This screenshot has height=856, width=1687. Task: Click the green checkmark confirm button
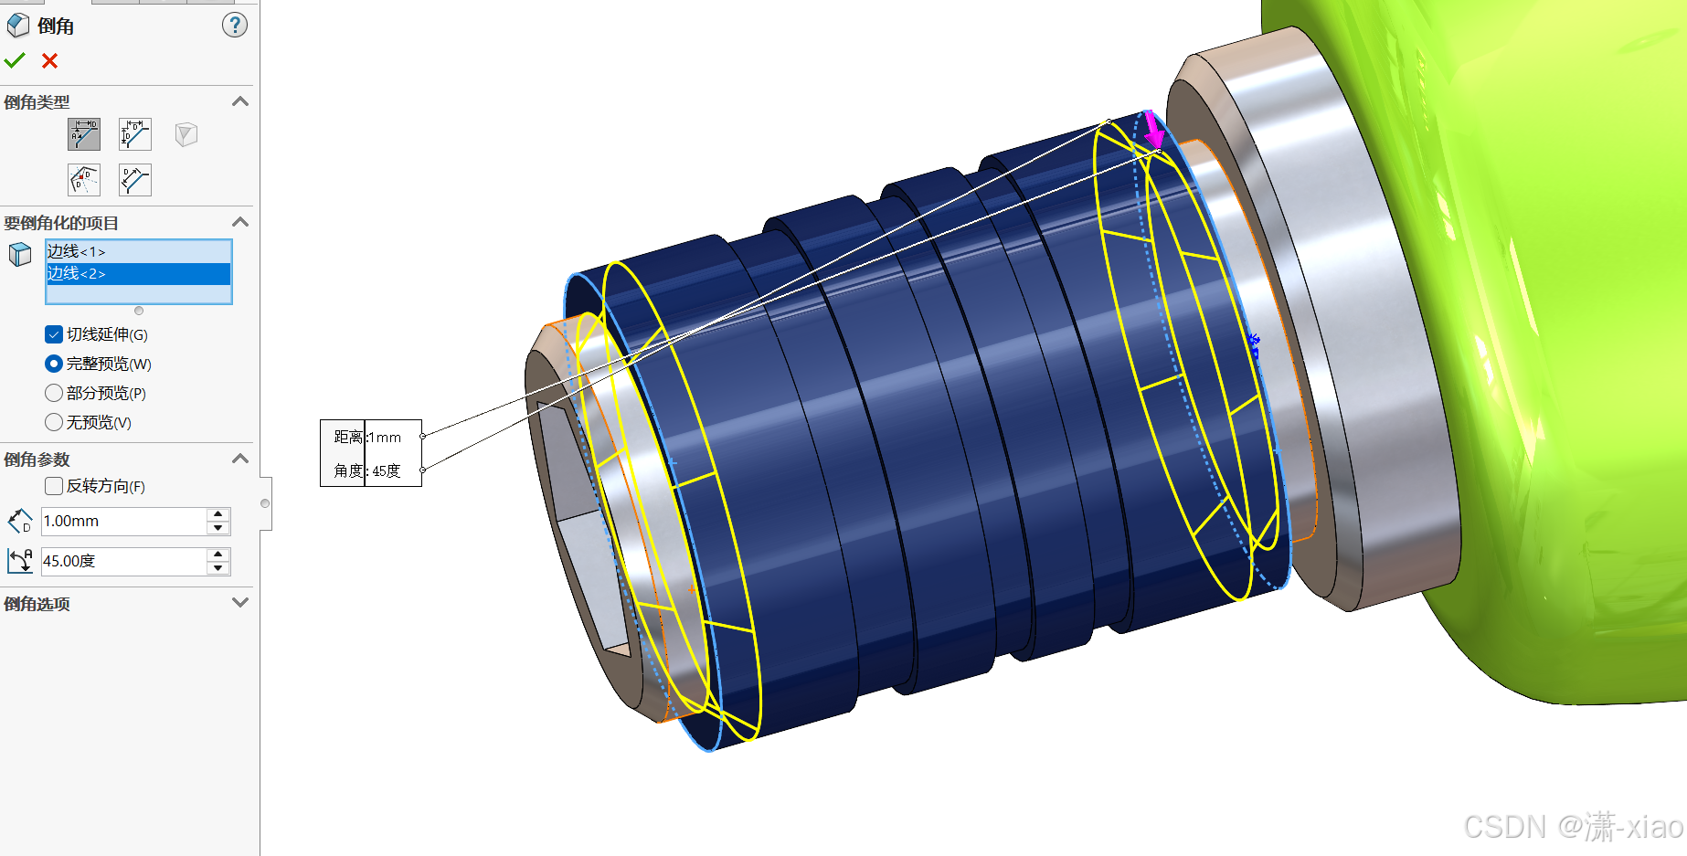click(x=15, y=61)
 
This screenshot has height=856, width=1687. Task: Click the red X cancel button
click(x=49, y=61)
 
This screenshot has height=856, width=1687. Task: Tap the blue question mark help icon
click(x=235, y=26)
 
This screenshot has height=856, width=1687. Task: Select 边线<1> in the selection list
click(x=77, y=251)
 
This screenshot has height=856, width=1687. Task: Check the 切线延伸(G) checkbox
click(x=54, y=334)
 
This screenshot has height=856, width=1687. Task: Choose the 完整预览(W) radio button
click(x=54, y=364)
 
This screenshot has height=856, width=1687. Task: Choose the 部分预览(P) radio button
click(x=54, y=393)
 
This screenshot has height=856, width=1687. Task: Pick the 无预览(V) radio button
click(x=54, y=422)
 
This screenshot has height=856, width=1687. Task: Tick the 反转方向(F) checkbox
click(x=54, y=486)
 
